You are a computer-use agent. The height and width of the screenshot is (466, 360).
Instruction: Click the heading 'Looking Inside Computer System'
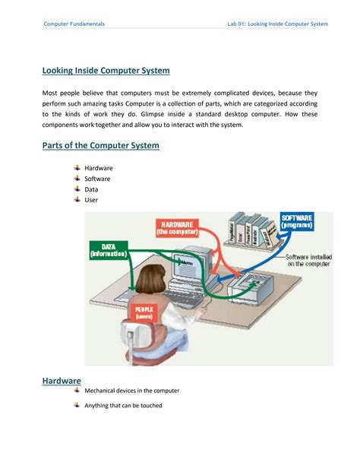point(106,71)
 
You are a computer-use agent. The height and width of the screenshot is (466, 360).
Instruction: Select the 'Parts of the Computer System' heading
point(100,145)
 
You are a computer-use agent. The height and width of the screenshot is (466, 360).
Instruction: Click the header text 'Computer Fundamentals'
point(74,24)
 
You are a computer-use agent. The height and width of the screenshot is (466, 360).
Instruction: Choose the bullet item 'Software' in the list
point(98,179)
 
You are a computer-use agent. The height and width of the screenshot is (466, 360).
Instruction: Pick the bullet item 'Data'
point(91,189)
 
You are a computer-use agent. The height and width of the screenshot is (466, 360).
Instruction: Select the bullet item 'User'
point(91,200)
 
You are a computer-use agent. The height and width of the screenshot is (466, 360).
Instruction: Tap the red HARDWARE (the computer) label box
point(177,227)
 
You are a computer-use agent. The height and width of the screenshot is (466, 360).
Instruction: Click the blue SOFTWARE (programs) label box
point(301,222)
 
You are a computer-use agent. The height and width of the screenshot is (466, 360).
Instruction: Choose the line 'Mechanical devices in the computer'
point(132,391)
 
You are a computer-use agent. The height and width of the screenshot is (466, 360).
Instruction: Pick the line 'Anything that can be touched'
point(123,405)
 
